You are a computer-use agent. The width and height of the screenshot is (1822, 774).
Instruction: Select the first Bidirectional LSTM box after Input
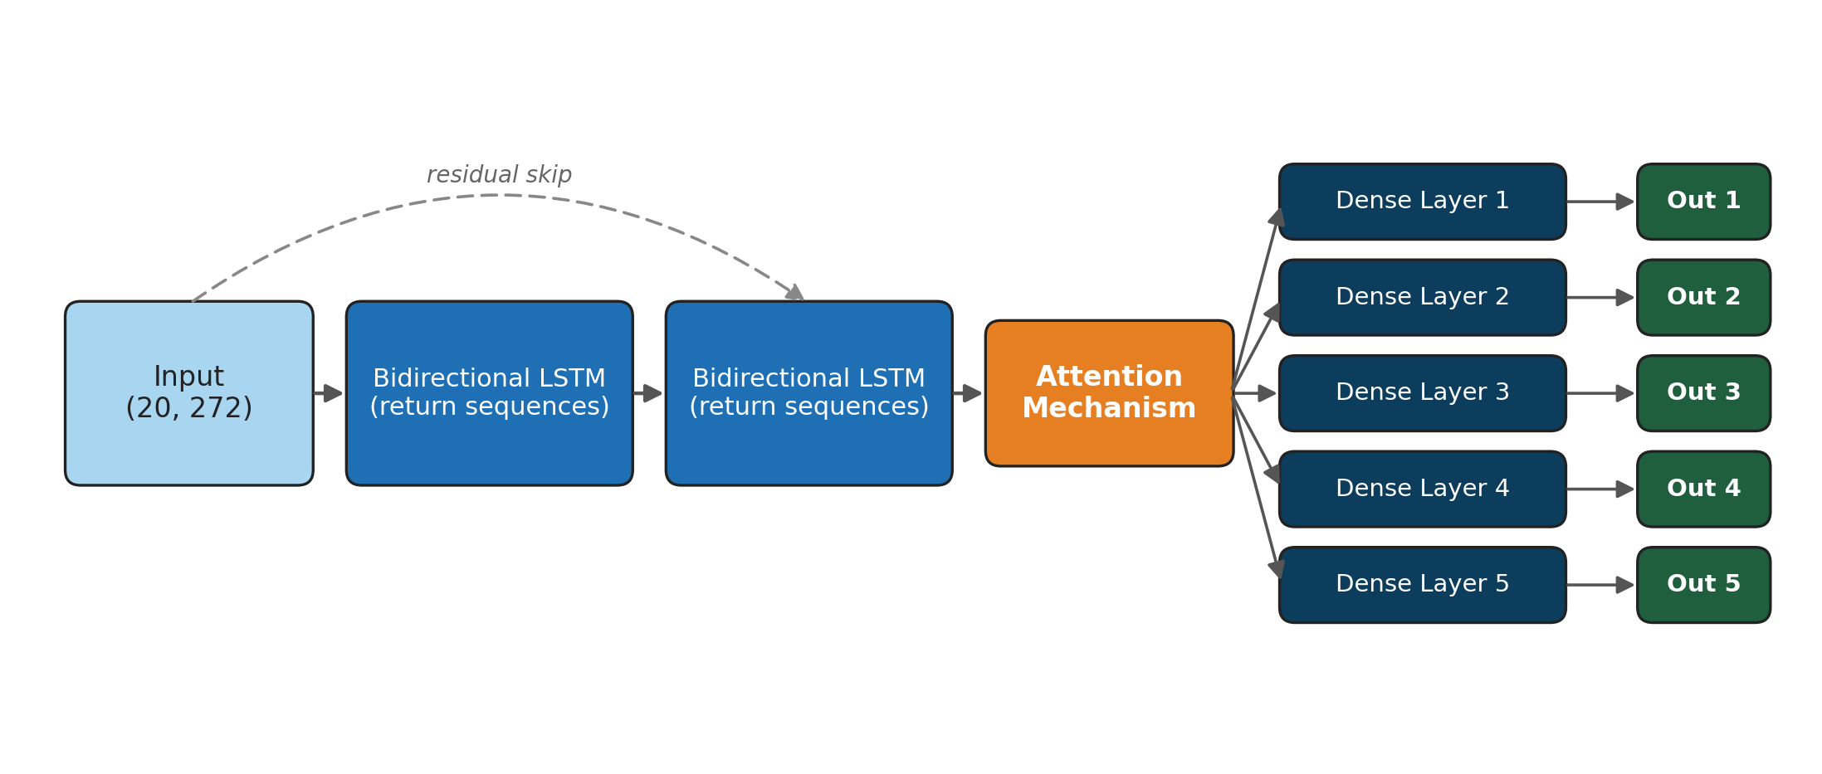coord(489,392)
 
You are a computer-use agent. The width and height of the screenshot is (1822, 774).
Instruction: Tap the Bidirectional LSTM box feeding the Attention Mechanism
coord(808,392)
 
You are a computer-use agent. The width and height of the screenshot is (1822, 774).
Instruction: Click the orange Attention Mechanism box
coord(1109,392)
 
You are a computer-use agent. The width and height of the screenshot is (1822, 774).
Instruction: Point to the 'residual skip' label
coord(499,174)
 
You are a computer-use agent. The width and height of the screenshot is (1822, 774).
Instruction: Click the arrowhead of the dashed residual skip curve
coord(795,292)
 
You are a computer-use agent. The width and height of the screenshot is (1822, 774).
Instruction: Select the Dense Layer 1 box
coord(1422,202)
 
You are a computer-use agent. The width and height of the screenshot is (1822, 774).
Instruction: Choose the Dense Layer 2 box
coord(1422,297)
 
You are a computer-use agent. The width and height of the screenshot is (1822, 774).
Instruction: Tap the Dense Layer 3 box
coord(1422,392)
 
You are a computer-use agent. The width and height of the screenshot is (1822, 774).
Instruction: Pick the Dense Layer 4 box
coord(1422,489)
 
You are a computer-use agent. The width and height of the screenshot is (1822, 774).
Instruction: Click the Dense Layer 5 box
coord(1422,584)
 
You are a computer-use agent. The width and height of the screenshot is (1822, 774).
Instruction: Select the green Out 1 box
coord(1703,202)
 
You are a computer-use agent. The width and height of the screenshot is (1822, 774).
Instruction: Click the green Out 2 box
coord(1703,297)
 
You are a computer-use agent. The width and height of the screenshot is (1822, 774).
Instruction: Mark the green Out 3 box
coord(1703,392)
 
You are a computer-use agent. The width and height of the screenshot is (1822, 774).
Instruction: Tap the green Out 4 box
coord(1703,489)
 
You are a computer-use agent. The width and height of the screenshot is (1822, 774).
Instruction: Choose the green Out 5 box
coord(1703,584)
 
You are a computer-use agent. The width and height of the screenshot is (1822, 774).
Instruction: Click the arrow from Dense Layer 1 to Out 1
coord(1601,202)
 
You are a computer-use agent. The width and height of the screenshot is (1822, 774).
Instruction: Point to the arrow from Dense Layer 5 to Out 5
coord(1601,584)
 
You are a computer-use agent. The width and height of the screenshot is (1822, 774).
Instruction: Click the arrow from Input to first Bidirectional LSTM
coord(330,392)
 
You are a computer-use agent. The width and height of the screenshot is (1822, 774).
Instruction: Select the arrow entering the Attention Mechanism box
coord(969,392)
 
